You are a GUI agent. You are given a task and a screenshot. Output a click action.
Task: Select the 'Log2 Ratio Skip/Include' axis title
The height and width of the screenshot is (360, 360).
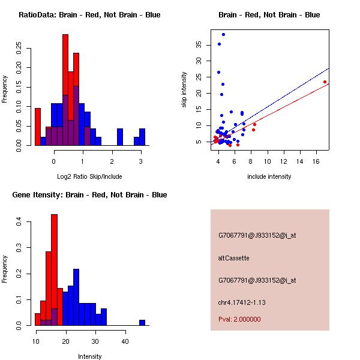(x=89, y=176)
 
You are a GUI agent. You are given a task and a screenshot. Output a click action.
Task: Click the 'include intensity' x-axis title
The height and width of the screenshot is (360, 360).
(x=269, y=176)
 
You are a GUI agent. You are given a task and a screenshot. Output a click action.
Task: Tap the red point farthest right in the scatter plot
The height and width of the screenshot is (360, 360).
(x=325, y=82)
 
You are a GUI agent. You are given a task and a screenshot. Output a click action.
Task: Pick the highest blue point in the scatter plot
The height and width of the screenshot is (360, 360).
(x=223, y=34)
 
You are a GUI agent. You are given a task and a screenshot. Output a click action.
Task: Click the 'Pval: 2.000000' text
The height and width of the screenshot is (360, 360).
(x=239, y=319)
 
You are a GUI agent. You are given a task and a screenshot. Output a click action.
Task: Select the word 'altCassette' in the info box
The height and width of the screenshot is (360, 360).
(x=233, y=258)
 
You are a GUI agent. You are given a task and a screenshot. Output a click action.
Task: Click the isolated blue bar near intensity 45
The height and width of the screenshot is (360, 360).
(x=142, y=322)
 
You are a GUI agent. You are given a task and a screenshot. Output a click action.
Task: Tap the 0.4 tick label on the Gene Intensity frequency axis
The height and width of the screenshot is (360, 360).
(x=19, y=223)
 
